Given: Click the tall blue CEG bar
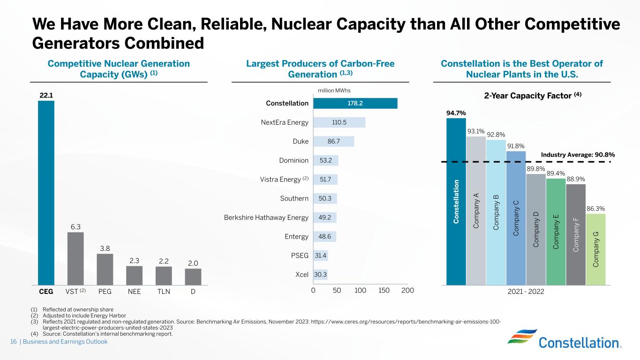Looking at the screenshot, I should (46, 192).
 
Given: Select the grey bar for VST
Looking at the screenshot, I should (75, 258).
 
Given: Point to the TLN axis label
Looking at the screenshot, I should (163, 291).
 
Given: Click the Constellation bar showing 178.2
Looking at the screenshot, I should (355, 103).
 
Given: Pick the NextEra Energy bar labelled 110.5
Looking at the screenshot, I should (339, 122).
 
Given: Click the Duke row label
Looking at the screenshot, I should (300, 142).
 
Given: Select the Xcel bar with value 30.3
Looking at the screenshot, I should (320, 275).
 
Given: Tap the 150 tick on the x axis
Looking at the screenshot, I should (384, 291).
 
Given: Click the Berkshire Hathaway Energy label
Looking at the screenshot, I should (266, 217).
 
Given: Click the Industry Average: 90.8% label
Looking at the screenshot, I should (578, 155).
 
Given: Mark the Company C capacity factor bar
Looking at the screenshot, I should (516, 218).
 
